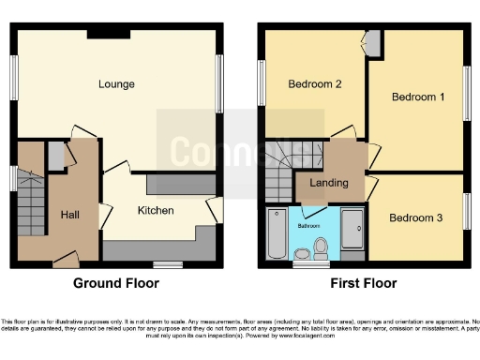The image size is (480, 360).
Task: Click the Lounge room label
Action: point(117,84)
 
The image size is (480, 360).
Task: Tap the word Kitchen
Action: point(156,211)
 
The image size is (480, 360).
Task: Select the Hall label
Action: point(69,215)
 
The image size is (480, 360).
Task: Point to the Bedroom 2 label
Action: point(314,84)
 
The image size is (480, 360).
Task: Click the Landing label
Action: point(330,183)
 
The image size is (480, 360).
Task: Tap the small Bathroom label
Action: point(310,226)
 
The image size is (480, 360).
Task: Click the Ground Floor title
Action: point(116,283)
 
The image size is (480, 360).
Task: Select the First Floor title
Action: point(364,283)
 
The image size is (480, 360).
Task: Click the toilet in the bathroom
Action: point(321,247)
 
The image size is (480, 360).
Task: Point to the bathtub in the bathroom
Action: point(277,234)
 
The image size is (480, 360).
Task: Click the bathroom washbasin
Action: point(302,253)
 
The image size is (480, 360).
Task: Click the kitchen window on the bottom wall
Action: point(168,263)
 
